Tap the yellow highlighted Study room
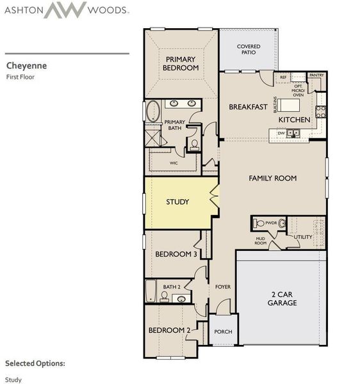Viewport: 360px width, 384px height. [177, 202]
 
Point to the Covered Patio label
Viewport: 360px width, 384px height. [248, 50]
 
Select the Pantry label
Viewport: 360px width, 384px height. [316, 76]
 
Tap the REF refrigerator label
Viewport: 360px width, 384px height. [283, 77]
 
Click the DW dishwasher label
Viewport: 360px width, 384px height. [281, 132]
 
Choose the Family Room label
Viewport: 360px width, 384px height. [272, 178]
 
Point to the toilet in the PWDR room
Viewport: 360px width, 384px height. [259, 223]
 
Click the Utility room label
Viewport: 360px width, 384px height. [302, 237]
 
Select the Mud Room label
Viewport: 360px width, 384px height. [261, 241]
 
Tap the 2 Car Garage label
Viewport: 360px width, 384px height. [282, 299]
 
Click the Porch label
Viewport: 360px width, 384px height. [223, 332]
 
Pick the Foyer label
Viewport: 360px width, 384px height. [222, 287]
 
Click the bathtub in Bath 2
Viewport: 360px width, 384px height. [151, 291]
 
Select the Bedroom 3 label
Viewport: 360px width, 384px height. [174, 254]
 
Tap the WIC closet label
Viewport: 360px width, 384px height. [174, 163]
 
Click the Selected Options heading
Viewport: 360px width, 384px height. [35, 363]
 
